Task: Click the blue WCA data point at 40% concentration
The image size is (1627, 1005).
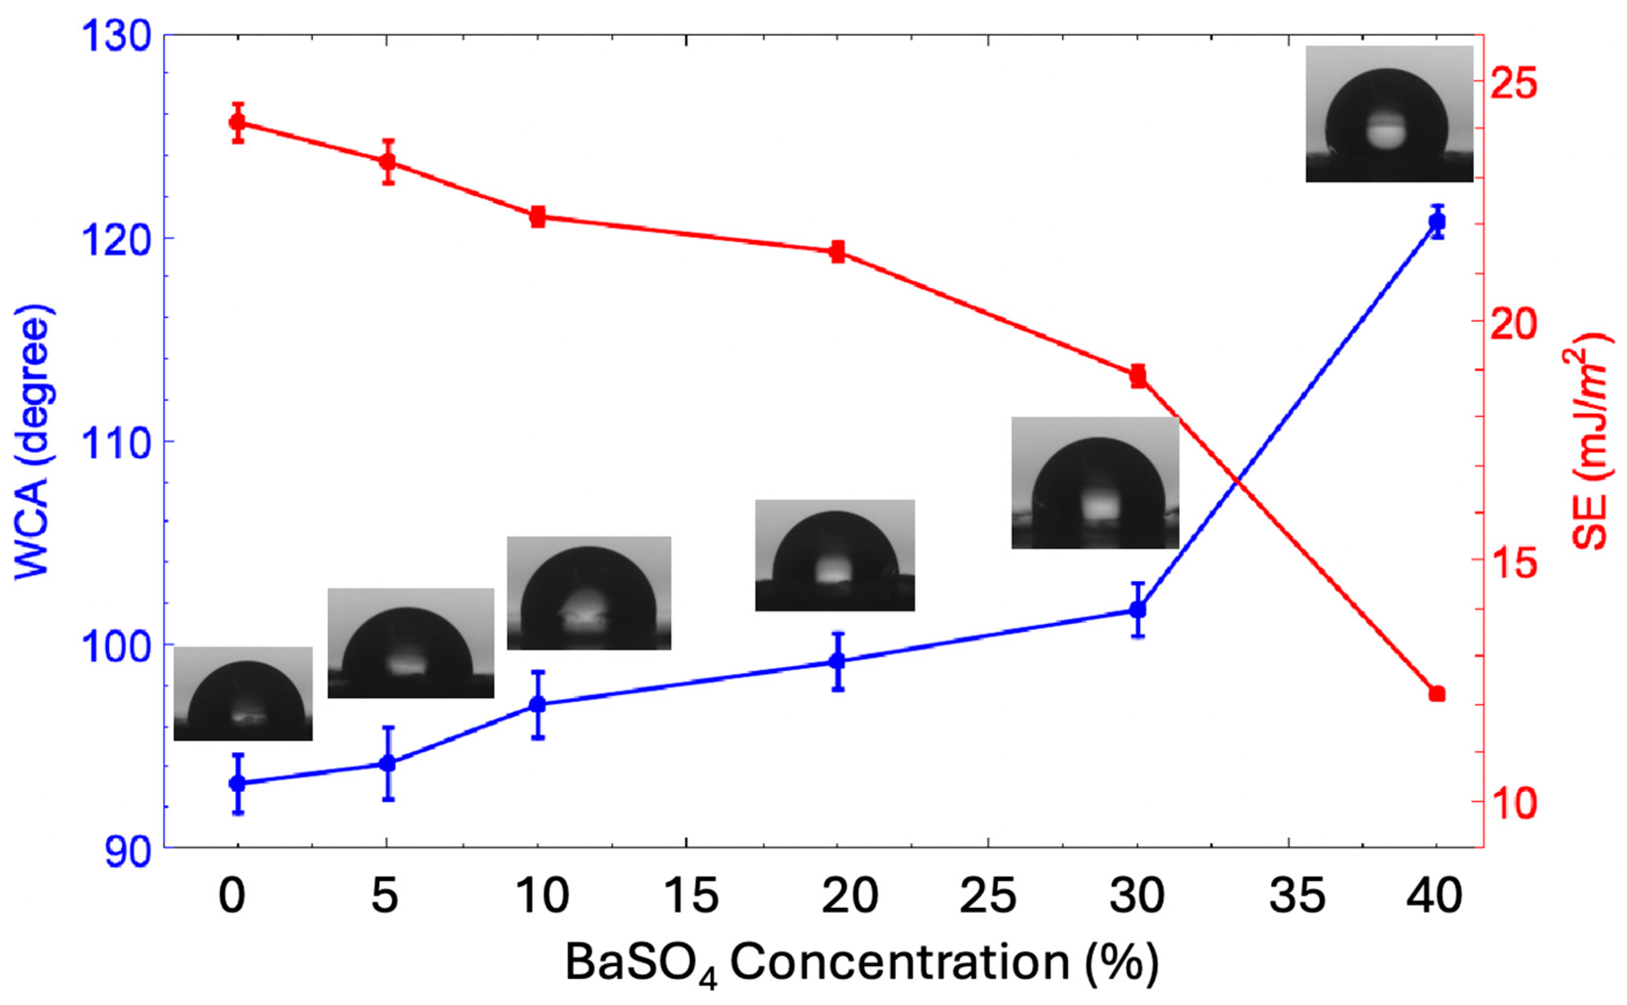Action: pos(1437,221)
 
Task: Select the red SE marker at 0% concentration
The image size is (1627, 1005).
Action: pos(238,122)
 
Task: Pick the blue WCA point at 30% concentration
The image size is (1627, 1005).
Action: pos(1138,610)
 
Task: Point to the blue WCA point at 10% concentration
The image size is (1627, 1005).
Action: pos(537,704)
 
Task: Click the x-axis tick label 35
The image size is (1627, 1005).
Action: pos(1296,896)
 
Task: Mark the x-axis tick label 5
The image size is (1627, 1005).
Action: pos(384,896)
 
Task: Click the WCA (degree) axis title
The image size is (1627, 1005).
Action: pos(33,442)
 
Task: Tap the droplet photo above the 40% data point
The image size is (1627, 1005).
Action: pos(1389,114)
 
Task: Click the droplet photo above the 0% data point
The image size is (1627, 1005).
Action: pos(243,693)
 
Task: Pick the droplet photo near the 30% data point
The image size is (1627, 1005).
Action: pos(1095,482)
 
